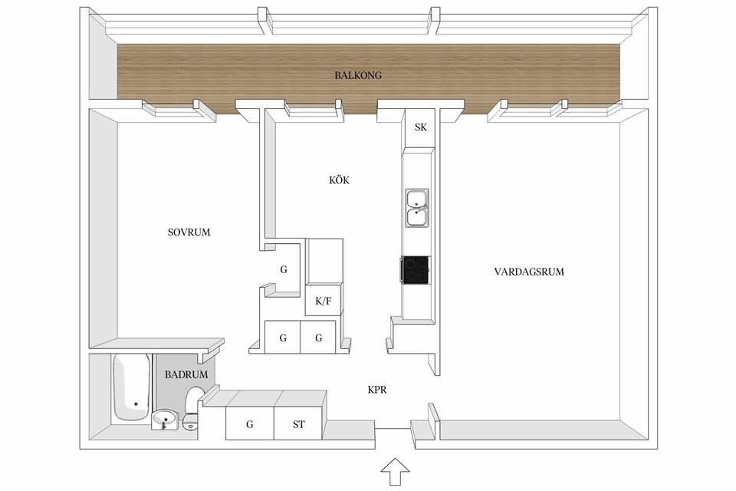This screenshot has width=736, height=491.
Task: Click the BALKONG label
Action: click(358, 75)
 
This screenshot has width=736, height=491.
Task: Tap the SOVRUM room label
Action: click(189, 232)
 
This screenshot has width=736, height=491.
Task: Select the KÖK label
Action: click(339, 180)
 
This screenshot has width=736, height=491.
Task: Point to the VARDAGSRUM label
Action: click(529, 272)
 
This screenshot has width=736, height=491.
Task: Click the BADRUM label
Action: click(186, 374)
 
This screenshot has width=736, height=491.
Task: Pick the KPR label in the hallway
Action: click(377, 390)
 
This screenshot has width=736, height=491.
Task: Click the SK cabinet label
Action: click(421, 127)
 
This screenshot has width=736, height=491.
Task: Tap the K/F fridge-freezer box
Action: click(323, 299)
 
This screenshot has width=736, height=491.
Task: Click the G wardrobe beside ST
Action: click(250, 423)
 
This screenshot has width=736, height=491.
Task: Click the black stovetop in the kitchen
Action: click(416, 270)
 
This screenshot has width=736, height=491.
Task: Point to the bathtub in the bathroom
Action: click(132, 387)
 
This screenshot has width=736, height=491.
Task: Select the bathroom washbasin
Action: click(165, 418)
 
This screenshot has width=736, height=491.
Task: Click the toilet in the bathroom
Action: click(192, 409)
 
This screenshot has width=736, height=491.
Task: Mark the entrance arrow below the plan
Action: click(395, 471)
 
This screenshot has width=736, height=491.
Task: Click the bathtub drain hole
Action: click(136, 404)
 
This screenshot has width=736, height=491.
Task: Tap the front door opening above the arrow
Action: click(393, 428)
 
